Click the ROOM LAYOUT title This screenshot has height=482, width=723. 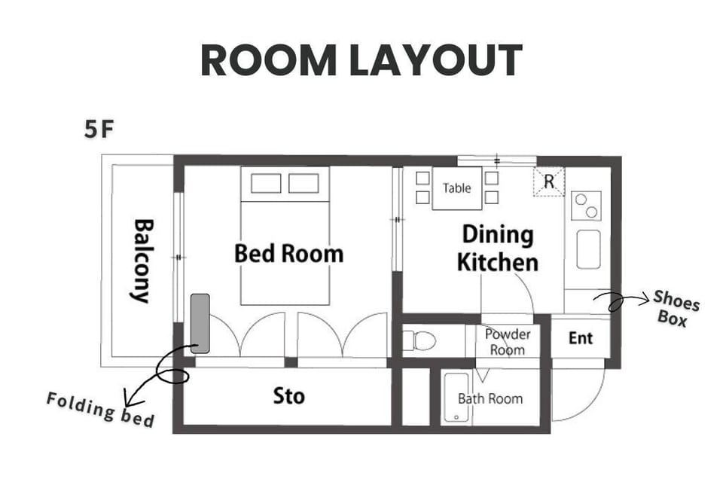pos(361,60)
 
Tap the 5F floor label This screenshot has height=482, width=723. pos(98,129)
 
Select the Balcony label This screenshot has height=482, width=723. pos(143,261)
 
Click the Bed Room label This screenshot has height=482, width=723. pos(289,254)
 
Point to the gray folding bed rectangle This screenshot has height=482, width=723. pos(200,323)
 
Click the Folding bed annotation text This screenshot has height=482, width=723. pos(100,410)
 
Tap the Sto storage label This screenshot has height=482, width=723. pos(289,395)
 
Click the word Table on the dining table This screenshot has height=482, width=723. pos(456,188)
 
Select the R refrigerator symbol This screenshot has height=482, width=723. pos(549,182)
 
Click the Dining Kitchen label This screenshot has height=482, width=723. pos(498,248)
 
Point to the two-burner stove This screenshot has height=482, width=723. pos(587,206)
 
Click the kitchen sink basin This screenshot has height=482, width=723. pos(589,249)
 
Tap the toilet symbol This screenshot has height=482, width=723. pos(419,341)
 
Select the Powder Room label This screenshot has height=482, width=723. pos(507,342)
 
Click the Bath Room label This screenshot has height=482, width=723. pos(490,399)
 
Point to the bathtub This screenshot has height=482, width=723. pos(456,398)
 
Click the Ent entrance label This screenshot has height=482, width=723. pos(581,338)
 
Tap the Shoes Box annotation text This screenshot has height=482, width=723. pos(676,309)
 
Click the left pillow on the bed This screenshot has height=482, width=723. pos(266,183)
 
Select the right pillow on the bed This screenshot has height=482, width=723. pos(304,183)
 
